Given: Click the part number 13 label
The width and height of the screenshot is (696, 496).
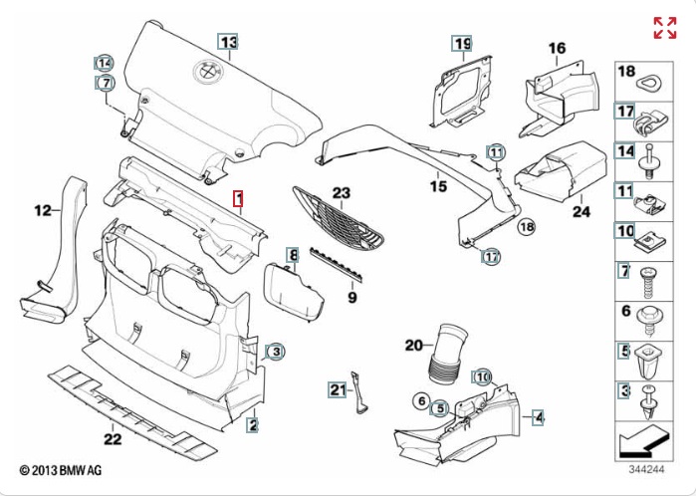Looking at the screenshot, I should point(230,42).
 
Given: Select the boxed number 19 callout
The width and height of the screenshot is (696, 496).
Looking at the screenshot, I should point(462,43).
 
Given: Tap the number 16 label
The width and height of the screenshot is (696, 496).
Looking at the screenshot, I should point(557,48).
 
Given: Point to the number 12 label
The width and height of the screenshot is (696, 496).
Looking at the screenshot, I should point(42,210).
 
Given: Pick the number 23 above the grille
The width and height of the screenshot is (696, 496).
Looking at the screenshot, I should point(342,192).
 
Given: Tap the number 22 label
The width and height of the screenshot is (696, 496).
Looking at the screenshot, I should point(113,437).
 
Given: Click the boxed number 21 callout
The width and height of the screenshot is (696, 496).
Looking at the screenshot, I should point(337,389).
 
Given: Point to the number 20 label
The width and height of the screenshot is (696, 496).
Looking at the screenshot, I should point(414,346).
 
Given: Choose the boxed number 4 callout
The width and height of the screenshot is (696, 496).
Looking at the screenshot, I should point(538,417).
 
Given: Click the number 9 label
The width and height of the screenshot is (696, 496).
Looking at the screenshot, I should point(351,297).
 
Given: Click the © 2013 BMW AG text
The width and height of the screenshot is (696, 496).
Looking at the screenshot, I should point(61,469).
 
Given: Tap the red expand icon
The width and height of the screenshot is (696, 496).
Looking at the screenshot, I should point(665,28).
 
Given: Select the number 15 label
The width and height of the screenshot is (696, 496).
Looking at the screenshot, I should point(439,186).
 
